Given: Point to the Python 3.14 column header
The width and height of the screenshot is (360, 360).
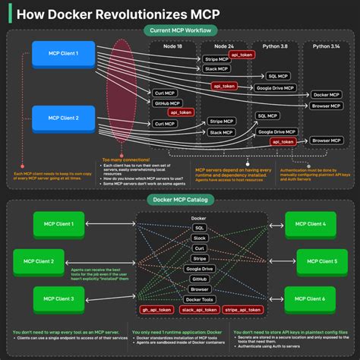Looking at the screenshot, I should pyautogui.click(x=324, y=46).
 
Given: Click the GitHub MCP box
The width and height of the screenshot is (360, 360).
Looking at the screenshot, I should pyautogui.click(x=166, y=103).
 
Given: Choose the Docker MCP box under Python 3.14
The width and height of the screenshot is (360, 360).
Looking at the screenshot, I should pyautogui.click(x=324, y=94).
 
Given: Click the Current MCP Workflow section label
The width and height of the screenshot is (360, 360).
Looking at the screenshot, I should pyautogui.click(x=180, y=30).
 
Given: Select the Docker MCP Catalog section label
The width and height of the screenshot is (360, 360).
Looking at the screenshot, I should pyautogui.click(x=180, y=199).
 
